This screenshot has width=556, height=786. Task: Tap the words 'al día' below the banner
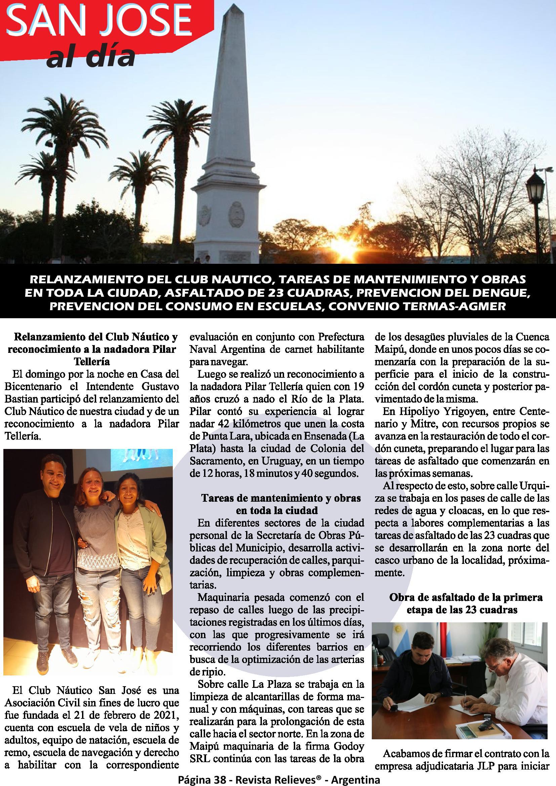tap(91, 57)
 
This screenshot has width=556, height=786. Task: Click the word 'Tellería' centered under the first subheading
tap(91, 361)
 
